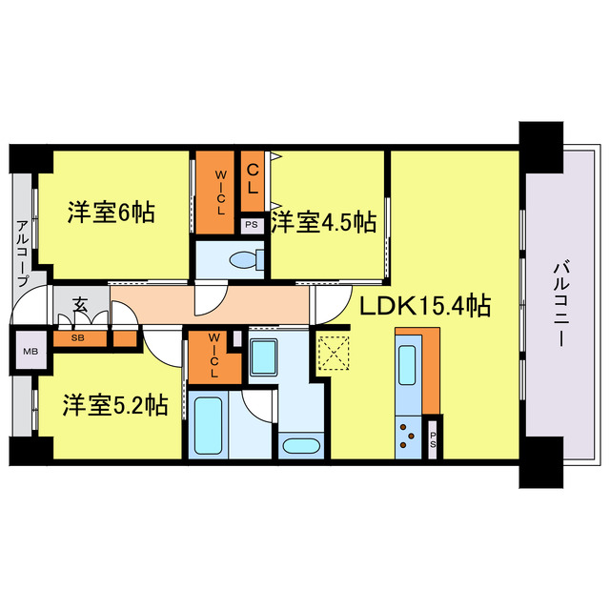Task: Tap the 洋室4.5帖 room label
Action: [x=323, y=223]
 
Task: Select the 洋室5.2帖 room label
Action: [x=115, y=405]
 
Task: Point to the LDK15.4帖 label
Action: [x=425, y=306]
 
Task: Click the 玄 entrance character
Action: [x=81, y=306]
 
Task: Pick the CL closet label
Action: [x=254, y=179]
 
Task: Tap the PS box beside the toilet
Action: [x=252, y=226]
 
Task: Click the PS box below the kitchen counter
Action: [x=434, y=438]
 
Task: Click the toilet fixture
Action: [x=249, y=258]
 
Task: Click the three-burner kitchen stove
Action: [x=407, y=434]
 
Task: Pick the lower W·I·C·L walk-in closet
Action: [x=214, y=356]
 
